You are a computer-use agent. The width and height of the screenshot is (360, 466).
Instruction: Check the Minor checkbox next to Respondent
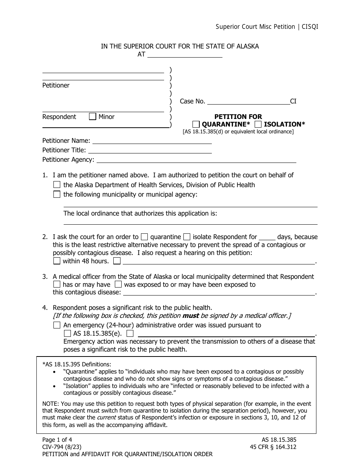(x=92, y=117)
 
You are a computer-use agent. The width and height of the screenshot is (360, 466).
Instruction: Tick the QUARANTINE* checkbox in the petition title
(x=196, y=124)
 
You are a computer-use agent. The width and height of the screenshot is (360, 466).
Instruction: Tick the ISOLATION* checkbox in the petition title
(x=258, y=124)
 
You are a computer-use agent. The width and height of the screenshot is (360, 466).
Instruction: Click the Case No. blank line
(x=248, y=101)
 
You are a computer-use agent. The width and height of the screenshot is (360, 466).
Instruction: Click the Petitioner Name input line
(x=152, y=141)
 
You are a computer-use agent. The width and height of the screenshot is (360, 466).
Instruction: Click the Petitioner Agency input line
(x=197, y=160)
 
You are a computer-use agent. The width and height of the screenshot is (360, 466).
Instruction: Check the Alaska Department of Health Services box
(x=57, y=185)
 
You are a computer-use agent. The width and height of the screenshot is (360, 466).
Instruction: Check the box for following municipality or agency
(x=57, y=194)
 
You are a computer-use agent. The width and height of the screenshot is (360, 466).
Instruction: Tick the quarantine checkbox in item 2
(x=144, y=237)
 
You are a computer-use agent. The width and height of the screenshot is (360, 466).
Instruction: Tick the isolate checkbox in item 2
(x=187, y=237)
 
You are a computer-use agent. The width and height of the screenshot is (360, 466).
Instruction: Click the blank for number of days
(x=268, y=237)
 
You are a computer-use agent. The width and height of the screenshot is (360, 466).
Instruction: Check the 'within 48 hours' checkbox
(x=57, y=261)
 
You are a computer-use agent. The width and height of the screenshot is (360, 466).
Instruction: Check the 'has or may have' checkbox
(x=57, y=284)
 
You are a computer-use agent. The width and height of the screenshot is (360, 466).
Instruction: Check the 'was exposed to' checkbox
(x=118, y=284)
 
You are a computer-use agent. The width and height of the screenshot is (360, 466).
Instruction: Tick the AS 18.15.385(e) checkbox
(x=67, y=334)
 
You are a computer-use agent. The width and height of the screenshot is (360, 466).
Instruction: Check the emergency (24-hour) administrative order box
(x=57, y=325)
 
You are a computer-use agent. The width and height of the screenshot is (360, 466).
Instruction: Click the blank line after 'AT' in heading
(x=185, y=55)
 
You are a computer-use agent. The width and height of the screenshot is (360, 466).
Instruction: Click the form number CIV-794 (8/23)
(x=61, y=447)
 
